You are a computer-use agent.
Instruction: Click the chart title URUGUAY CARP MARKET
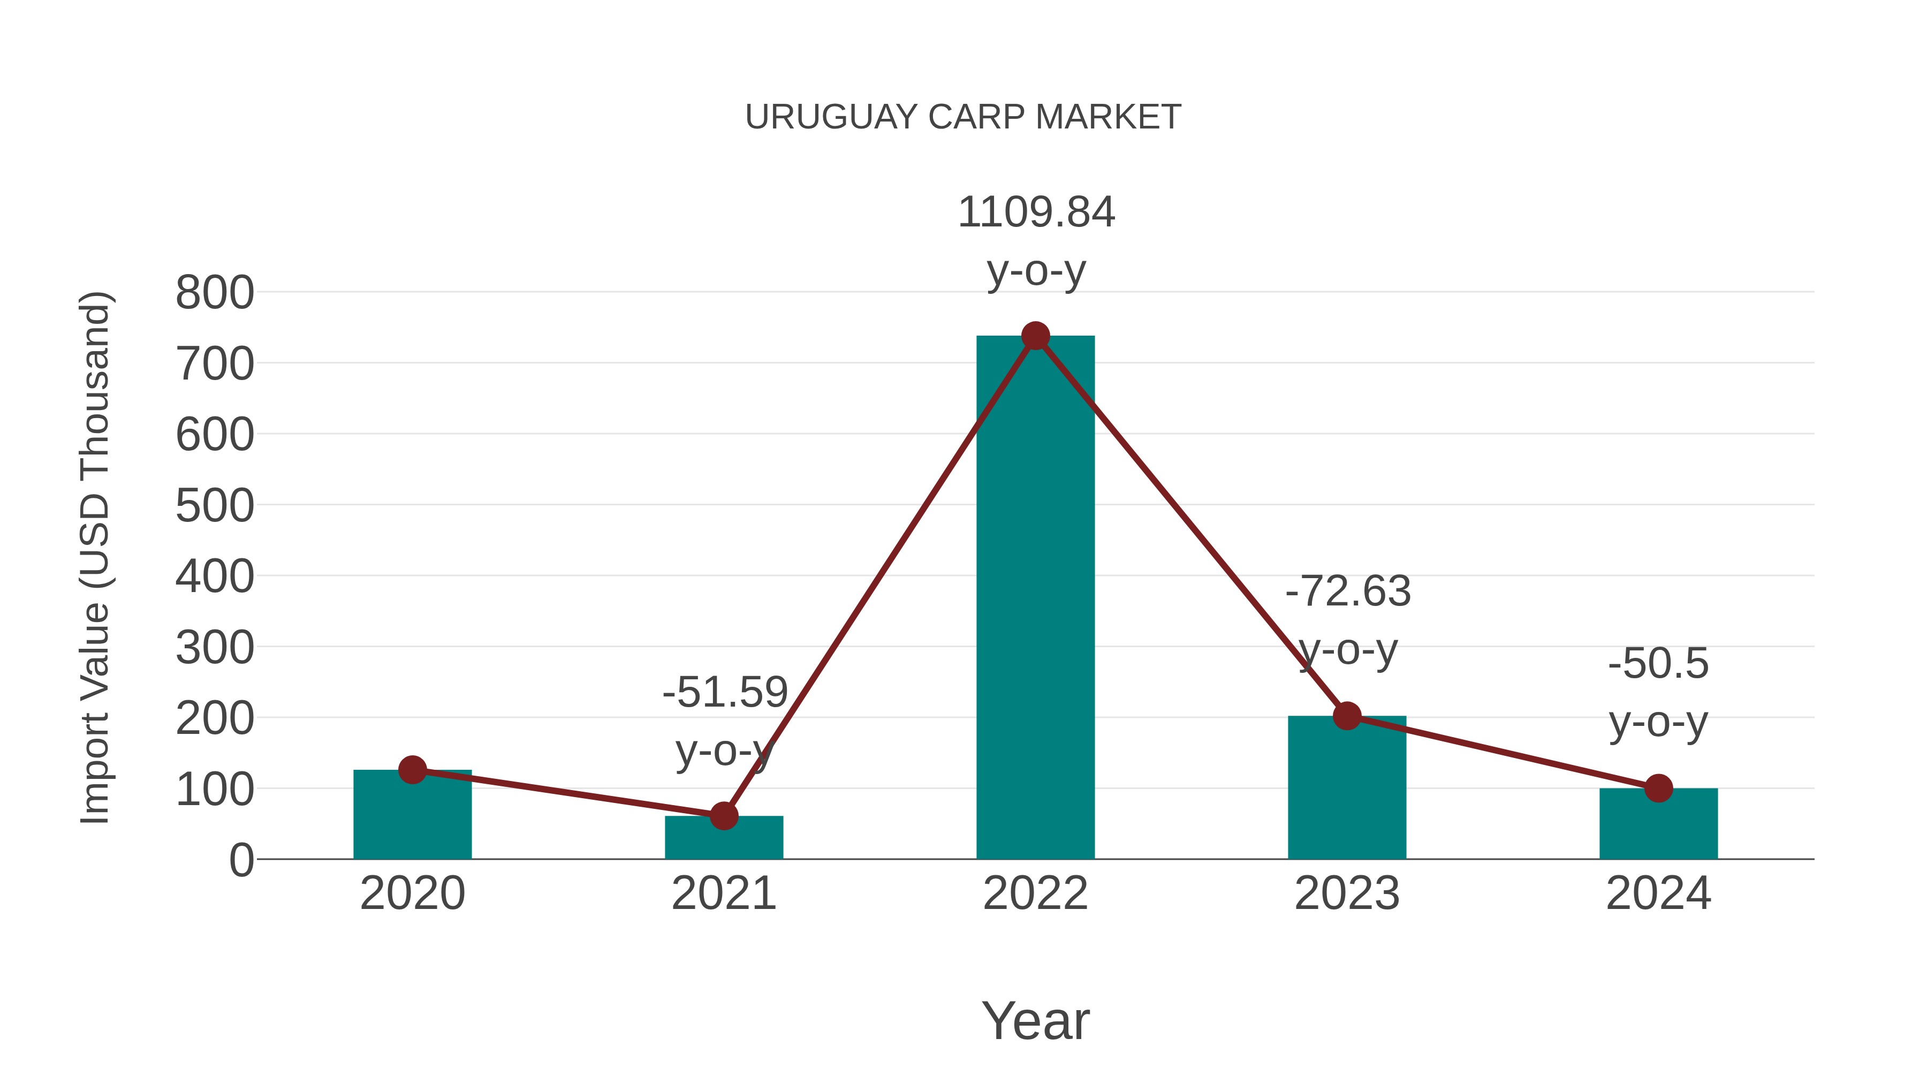click(963, 117)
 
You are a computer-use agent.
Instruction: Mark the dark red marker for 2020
click(412, 769)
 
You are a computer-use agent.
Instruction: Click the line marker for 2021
click(723, 816)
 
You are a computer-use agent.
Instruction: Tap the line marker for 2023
click(1347, 716)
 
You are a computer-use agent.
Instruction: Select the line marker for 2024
click(1658, 788)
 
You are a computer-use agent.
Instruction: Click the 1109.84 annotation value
click(1036, 213)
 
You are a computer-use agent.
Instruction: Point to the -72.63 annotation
click(1347, 591)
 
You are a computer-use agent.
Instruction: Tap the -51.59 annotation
click(725, 692)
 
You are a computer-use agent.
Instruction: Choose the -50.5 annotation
click(1658, 664)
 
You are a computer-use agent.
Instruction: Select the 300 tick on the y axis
click(215, 648)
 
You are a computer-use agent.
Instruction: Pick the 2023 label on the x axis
click(1347, 893)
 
